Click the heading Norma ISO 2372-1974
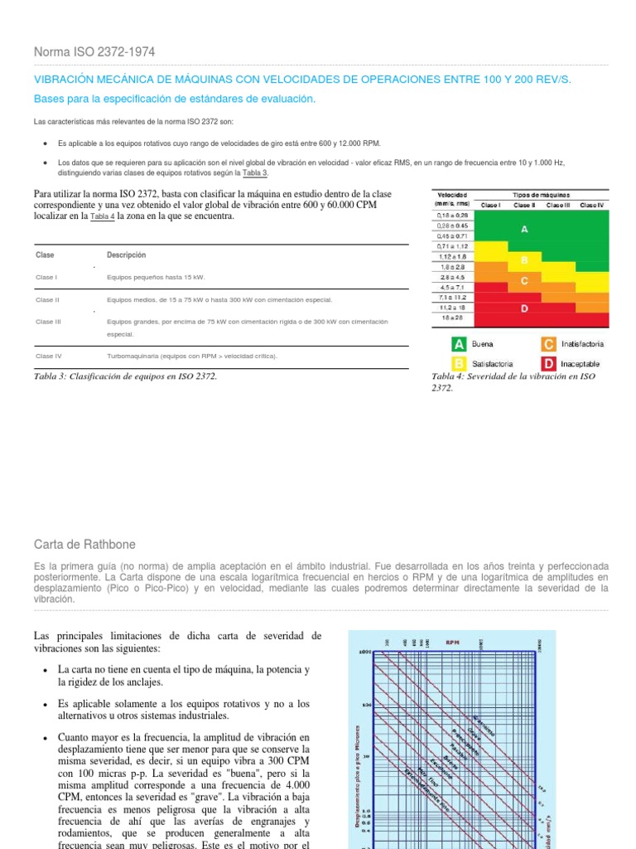pos(94,53)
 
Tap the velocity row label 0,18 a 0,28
pos(453,216)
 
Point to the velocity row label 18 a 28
pos(453,318)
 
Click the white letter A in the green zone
pos(524,230)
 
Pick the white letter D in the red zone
pos(524,308)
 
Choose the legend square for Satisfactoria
pos(458,363)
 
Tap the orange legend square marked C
pos(549,344)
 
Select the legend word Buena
pos(483,344)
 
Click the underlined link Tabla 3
pos(255,173)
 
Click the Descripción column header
pos(126,255)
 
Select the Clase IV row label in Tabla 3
pos(49,356)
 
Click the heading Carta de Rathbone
pos(84,545)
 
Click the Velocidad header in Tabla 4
pos(453,195)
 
